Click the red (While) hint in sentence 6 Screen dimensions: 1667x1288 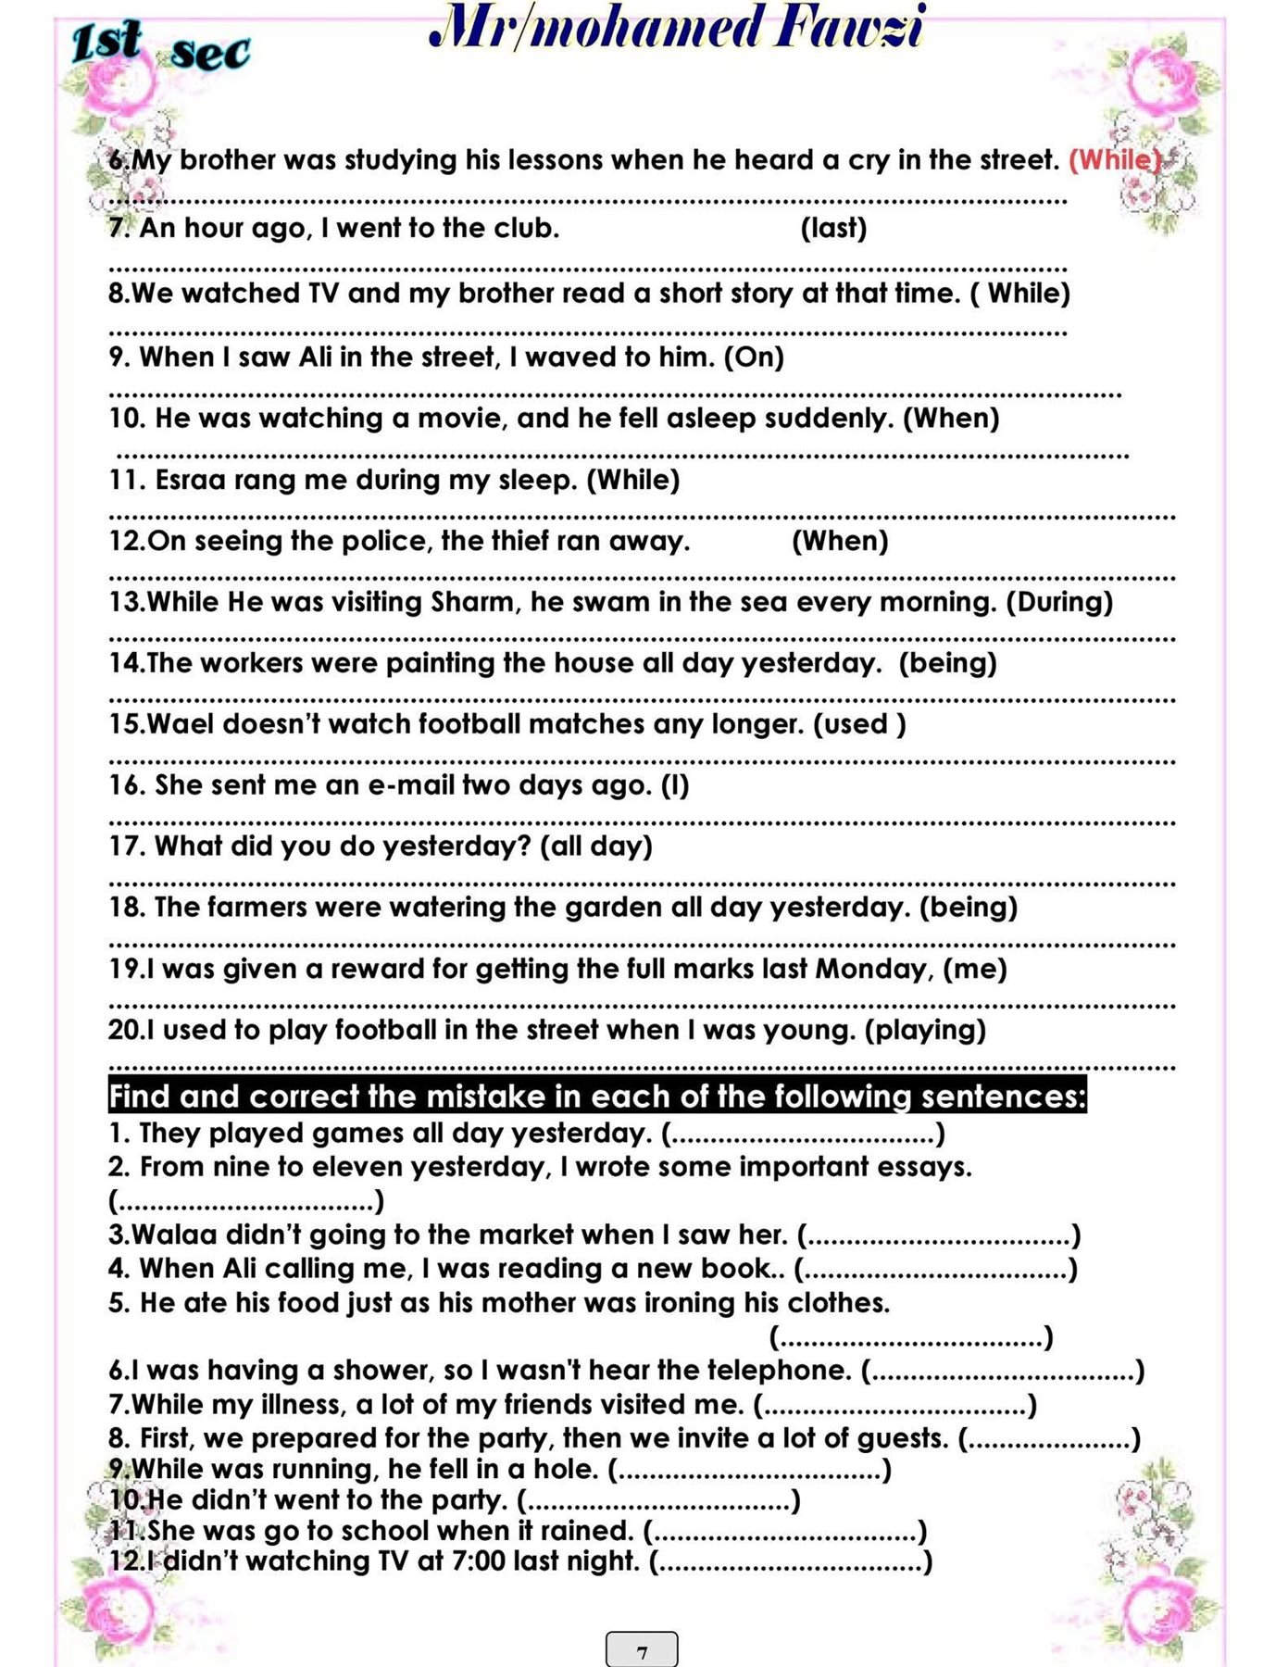pyautogui.click(x=1114, y=160)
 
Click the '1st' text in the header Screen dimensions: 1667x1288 pyautogui.click(x=106, y=43)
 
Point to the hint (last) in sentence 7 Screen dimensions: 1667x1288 pyautogui.click(x=833, y=228)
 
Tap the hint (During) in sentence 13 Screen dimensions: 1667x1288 pyautogui.click(x=1059, y=602)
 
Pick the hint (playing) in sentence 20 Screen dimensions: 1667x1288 pyautogui.click(x=925, y=1030)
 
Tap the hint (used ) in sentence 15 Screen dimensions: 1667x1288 pyautogui.click(x=859, y=723)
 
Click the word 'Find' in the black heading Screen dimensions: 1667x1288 pyautogui.click(x=139, y=1097)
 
